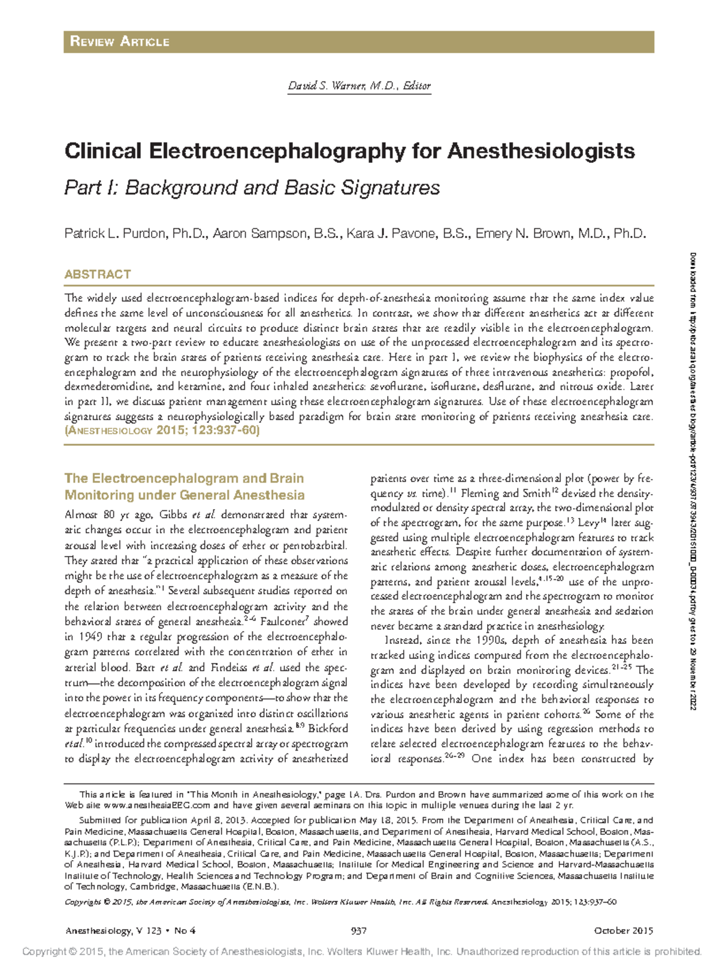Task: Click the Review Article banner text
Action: coord(120,41)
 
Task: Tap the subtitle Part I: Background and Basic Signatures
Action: coord(252,187)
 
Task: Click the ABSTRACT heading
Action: coord(98,274)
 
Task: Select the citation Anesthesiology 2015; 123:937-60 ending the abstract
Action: coord(162,431)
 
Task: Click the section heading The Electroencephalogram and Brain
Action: coord(184,479)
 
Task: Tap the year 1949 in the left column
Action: coord(89,637)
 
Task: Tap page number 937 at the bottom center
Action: coord(358,930)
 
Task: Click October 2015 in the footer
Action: coord(623,930)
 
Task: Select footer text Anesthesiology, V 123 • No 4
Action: coord(131,930)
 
